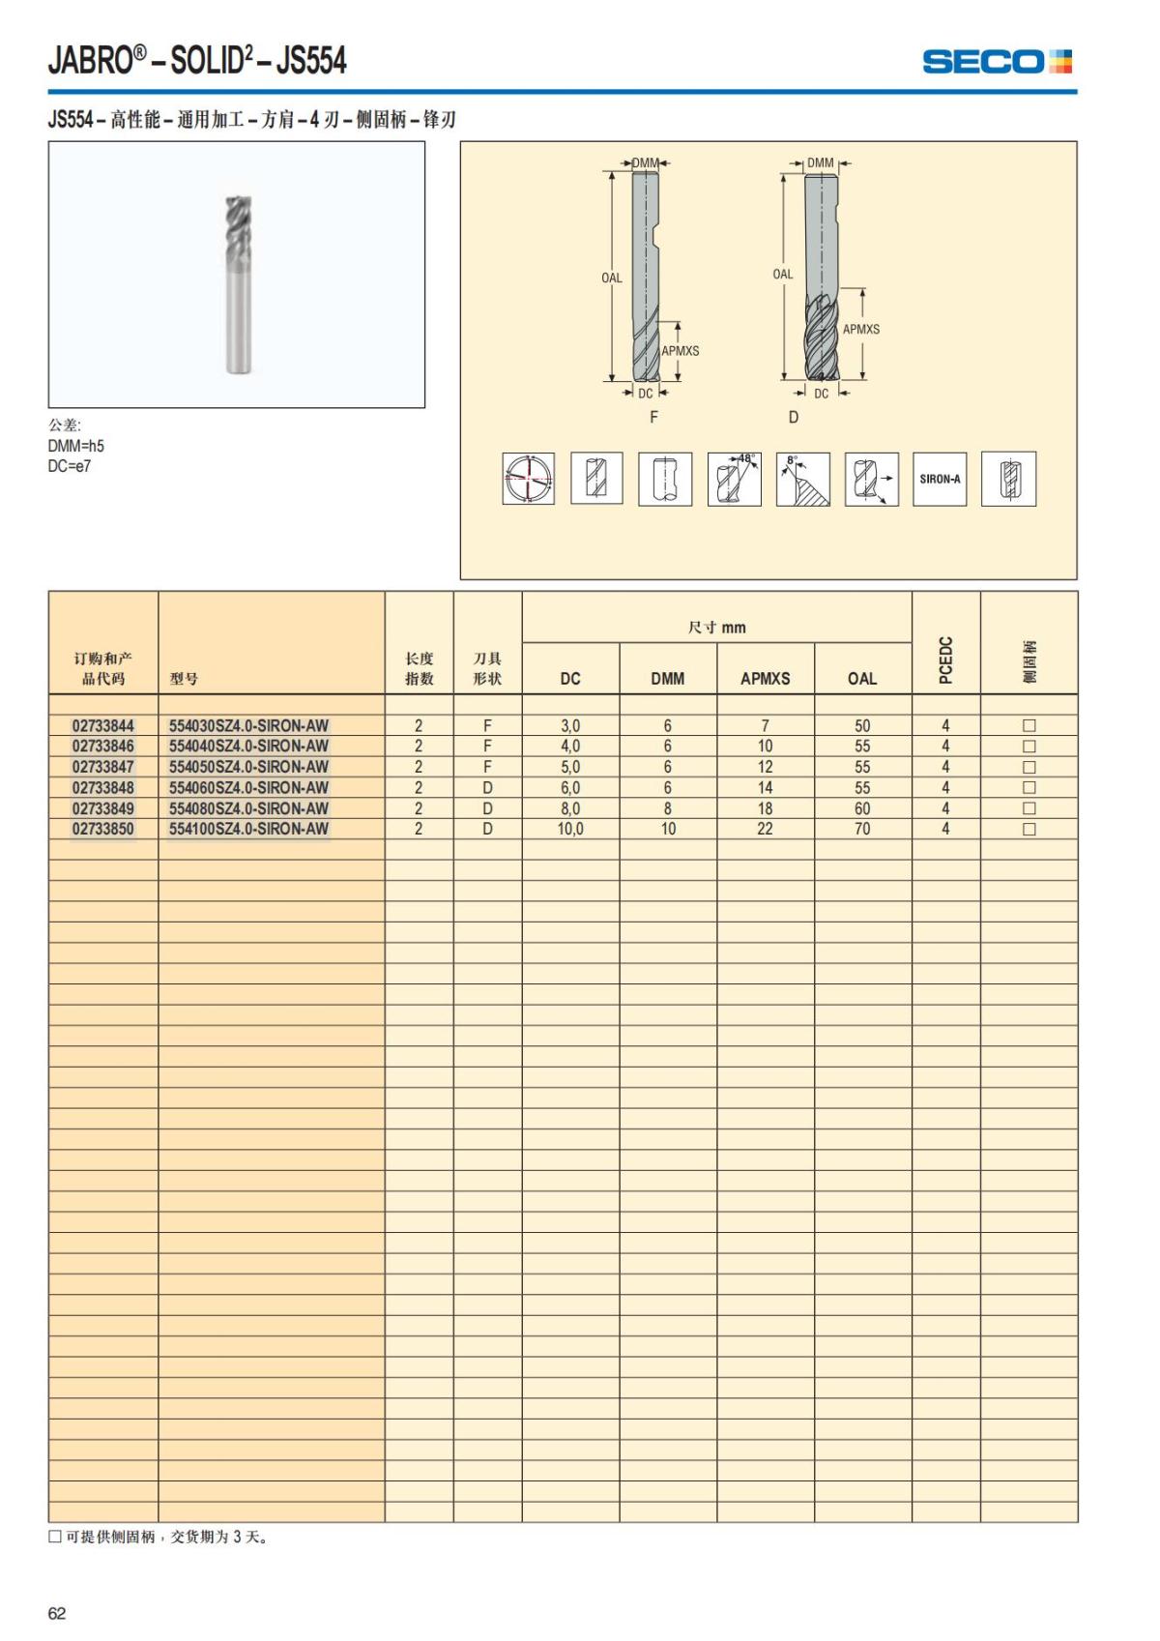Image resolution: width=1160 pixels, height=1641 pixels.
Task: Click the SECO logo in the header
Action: (x=997, y=62)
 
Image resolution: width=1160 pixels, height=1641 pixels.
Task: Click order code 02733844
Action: (x=103, y=725)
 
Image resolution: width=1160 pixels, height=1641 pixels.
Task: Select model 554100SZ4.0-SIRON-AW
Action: (x=248, y=829)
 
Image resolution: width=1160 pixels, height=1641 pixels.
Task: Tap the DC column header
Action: (x=570, y=679)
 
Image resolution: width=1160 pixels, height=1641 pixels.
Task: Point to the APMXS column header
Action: (x=765, y=679)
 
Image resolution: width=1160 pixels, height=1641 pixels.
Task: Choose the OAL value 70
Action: (x=862, y=829)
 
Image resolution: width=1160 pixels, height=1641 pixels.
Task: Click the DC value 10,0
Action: (x=570, y=829)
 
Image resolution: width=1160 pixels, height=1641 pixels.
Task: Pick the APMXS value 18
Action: (x=765, y=808)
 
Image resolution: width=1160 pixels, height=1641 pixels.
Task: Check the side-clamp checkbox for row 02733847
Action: (x=1029, y=767)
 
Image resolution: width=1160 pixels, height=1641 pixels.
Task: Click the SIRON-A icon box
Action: (x=940, y=479)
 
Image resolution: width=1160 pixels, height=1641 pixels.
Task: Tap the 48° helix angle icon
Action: (x=734, y=479)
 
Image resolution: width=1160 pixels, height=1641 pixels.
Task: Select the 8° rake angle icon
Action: (x=802, y=479)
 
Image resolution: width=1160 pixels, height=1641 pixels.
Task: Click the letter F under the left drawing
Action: (x=653, y=417)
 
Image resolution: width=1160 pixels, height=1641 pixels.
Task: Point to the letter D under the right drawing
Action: (x=794, y=417)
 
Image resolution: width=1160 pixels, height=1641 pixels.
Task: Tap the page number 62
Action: (x=57, y=1613)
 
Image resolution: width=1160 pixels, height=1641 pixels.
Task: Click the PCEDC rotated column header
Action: (x=946, y=659)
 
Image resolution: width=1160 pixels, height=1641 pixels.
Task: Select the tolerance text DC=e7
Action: (x=70, y=466)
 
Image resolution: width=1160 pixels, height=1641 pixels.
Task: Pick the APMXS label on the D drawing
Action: (x=861, y=329)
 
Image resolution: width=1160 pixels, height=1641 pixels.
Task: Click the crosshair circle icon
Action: (x=528, y=479)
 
